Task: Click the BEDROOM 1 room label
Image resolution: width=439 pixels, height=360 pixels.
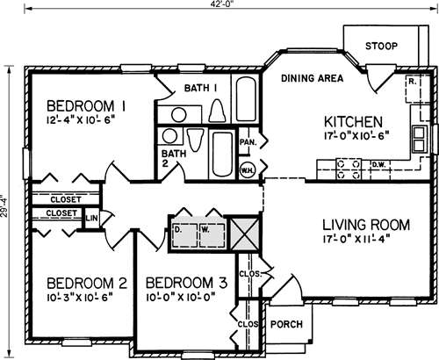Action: (87, 104)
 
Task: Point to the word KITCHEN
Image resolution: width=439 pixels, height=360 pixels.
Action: (352, 121)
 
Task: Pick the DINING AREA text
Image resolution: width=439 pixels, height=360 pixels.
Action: (312, 78)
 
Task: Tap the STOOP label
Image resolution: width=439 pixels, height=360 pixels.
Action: (380, 47)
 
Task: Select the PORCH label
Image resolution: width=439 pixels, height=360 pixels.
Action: (285, 325)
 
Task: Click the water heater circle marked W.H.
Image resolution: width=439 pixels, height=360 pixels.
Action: (248, 169)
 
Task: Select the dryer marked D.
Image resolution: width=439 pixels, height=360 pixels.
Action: (179, 230)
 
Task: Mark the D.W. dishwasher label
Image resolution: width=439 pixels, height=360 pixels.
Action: (378, 162)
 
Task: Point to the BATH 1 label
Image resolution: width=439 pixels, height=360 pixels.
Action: (200, 88)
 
